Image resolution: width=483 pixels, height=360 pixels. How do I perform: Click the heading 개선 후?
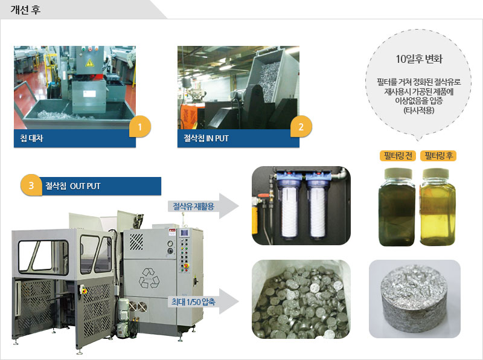[x=25, y=10]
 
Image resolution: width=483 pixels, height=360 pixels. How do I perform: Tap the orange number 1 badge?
[x=140, y=127]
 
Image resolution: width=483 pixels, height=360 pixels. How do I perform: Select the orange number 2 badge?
[x=301, y=127]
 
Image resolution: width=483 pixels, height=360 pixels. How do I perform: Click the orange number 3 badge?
[x=31, y=185]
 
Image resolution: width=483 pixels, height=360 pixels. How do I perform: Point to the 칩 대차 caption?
[x=32, y=138]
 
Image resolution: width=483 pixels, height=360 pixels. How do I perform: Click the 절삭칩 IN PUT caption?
[x=206, y=138]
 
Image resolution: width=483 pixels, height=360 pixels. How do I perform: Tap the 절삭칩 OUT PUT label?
[x=72, y=186]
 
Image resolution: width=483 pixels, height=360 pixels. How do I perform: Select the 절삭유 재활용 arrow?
[x=203, y=206]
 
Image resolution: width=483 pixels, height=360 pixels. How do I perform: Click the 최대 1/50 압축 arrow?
[x=203, y=301]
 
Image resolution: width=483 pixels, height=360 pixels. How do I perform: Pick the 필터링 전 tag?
[x=398, y=156]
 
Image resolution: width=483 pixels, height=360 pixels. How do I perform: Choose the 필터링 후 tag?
[x=438, y=156]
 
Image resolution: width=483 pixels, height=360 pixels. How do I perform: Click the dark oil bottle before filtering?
[x=397, y=207]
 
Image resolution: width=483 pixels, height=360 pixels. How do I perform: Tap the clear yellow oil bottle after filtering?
[x=438, y=207]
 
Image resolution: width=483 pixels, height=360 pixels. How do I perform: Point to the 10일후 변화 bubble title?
[x=419, y=59]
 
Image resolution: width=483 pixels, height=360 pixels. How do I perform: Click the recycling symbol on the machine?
[x=149, y=278]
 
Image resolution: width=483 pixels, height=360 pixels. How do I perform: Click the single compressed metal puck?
[x=415, y=299]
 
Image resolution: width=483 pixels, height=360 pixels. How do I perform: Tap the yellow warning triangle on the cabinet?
[x=89, y=63]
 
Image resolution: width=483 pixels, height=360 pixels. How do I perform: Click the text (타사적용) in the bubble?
[x=419, y=110]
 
